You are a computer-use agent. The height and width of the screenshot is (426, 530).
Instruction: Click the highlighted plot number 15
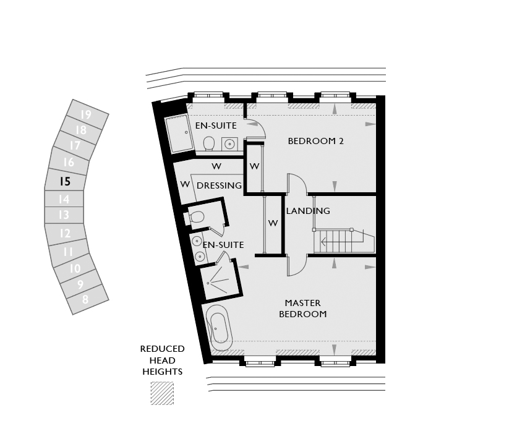pos(65,181)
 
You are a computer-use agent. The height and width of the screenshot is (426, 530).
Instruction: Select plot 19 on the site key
pos(86,114)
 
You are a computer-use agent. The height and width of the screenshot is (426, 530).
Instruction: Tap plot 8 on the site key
pos(85,299)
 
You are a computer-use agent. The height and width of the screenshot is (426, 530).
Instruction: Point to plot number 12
pos(65,233)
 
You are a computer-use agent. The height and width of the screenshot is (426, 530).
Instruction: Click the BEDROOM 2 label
pos(315,141)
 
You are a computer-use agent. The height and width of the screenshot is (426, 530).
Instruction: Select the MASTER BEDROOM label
pos(303,309)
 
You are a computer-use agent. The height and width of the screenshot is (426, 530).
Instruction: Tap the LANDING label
pos(308,211)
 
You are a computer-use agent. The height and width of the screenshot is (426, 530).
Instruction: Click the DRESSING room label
pos(219,185)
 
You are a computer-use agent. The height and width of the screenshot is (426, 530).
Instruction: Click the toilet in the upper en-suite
pos(209,143)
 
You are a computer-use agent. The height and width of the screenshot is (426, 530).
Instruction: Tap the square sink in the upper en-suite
pos(230,144)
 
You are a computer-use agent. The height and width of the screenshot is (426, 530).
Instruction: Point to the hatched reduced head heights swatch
pos(162,393)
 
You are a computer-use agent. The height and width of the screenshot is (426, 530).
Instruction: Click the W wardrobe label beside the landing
pos(273,223)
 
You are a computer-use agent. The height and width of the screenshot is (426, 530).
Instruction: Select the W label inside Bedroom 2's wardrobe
pos(255,166)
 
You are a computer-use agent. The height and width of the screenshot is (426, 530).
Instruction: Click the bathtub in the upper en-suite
pos(178,134)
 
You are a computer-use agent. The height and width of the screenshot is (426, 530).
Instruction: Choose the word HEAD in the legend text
pos(162,360)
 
